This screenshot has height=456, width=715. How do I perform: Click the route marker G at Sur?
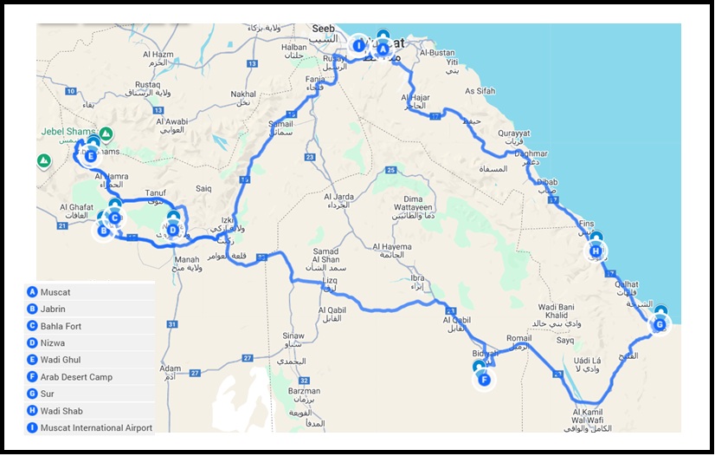(x=660, y=324)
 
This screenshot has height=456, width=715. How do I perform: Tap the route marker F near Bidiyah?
(x=484, y=379)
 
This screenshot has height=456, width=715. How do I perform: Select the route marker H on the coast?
(x=596, y=251)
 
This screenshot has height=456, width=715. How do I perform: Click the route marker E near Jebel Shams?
(x=90, y=155)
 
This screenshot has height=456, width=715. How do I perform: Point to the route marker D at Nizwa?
(x=173, y=230)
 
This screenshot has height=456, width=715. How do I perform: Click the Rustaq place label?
(x=147, y=85)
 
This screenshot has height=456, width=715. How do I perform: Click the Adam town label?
(x=171, y=368)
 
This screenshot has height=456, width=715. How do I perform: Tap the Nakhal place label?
(x=244, y=94)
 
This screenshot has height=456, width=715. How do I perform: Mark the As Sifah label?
(x=480, y=91)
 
